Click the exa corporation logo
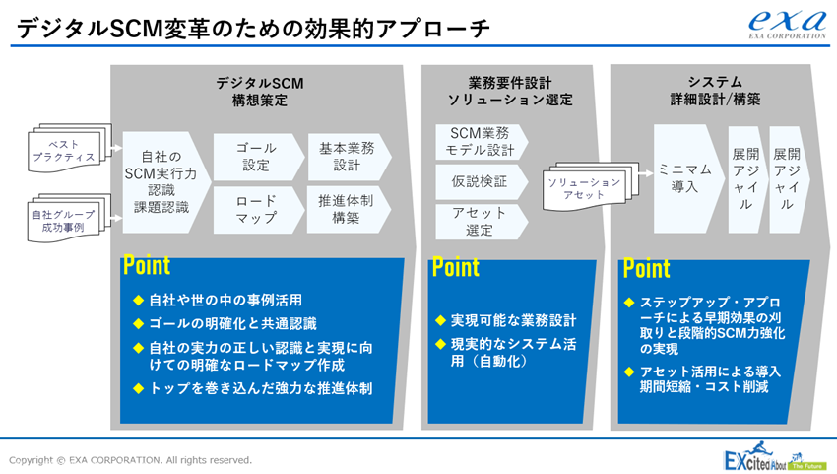point(788,25)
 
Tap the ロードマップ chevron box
point(258,210)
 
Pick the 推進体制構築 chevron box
point(349,210)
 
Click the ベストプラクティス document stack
point(69,148)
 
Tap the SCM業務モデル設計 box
point(481,142)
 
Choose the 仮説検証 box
point(481,181)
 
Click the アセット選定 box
point(481,222)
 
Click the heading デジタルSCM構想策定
point(259,92)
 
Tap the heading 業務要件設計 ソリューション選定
point(510,91)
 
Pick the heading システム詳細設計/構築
point(715,91)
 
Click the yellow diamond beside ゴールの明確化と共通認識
point(138,324)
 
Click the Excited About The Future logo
point(773,457)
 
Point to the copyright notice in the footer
point(130,460)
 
